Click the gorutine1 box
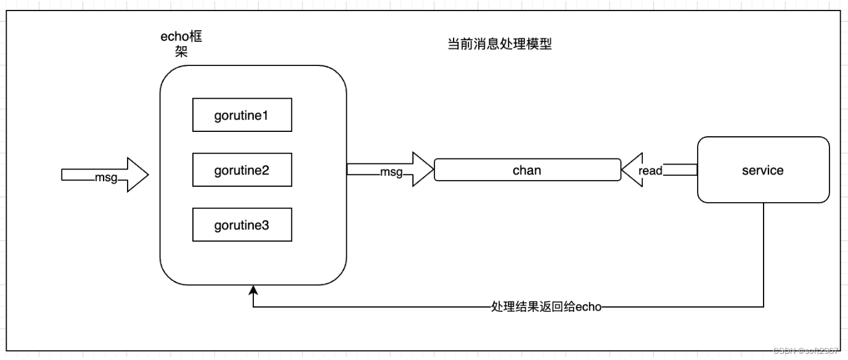pos(242,115)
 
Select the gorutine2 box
pos(242,170)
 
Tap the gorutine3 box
pos(242,225)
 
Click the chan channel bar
pos(527,170)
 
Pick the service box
pos(763,170)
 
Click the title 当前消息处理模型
pos(499,45)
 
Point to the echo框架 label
pos(182,44)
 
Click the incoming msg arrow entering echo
pos(105,175)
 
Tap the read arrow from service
pos(659,170)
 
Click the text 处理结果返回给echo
pos(545,307)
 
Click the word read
pos(650,171)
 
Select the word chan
pos(527,170)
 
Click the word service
pos(763,171)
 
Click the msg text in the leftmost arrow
pos(106,178)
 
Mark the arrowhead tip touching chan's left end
pos(433,170)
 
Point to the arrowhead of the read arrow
pos(629,170)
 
